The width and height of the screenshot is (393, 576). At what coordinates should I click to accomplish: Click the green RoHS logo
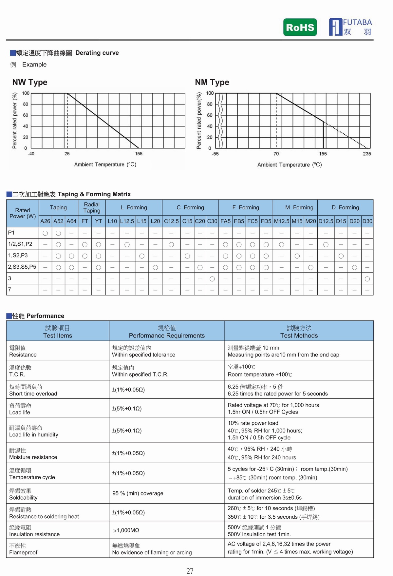click(x=300, y=27)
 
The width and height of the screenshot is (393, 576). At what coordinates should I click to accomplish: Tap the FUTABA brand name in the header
click(x=357, y=23)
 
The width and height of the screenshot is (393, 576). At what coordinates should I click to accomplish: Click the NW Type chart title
click(x=30, y=82)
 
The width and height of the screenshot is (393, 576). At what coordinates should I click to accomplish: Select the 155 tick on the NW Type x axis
click(x=139, y=154)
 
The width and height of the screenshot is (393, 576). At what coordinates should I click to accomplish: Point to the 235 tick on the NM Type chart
click(x=367, y=154)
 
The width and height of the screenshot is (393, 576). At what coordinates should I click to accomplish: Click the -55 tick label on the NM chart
click(x=215, y=154)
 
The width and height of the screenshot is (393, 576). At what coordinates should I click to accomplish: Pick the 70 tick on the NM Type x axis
click(x=276, y=154)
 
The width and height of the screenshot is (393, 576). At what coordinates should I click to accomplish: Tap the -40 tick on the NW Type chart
click(x=31, y=154)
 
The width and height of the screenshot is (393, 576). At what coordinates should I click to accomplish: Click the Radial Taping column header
click(x=92, y=207)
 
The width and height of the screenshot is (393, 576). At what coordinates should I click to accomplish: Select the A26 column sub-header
click(x=45, y=221)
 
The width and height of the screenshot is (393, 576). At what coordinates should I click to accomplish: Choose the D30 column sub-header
click(x=367, y=221)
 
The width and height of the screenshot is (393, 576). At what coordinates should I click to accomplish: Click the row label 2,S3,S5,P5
click(x=22, y=267)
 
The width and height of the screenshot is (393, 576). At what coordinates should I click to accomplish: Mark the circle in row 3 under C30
click(x=212, y=279)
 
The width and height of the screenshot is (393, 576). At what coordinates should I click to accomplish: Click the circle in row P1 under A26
click(x=45, y=233)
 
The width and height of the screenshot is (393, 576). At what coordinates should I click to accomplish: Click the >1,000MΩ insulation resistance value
click(x=126, y=530)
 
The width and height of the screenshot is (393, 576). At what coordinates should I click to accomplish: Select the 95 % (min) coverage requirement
click(x=138, y=493)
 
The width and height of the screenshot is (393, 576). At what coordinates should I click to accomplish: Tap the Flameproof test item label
click(x=23, y=552)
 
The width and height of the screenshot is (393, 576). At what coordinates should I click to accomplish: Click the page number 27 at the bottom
click(x=190, y=571)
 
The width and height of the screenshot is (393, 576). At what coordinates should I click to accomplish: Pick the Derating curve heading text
click(x=97, y=53)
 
